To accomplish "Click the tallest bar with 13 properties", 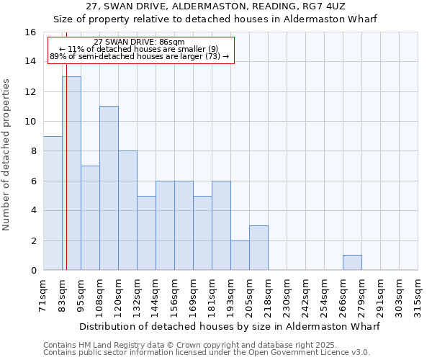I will pyautogui.click(x=71, y=174).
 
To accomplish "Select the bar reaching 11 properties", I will pyautogui.click(x=109, y=188).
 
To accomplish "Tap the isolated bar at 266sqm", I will pyautogui.click(x=352, y=263).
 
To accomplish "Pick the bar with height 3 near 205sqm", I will pyautogui.click(x=258, y=248).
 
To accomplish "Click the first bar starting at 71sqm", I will pyautogui.click(x=53, y=203).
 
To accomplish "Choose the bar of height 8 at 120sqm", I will pyautogui.click(x=127, y=210).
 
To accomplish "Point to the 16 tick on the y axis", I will pyautogui.click(x=30, y=32).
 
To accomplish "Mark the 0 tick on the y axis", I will pyautogui.click(x=33, y=271).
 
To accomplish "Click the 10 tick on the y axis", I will pyautogui.click(x=30, y=122).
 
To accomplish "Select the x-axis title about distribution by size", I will pyautogui.click(x=229, y=326).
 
